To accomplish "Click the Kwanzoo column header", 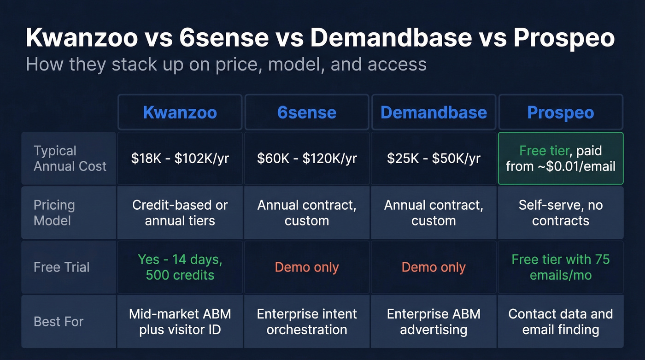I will tap(180, 112).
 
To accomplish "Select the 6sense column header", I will tap(306, 112).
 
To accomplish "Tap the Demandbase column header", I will tap(434, 112).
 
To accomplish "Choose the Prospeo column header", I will tap(561, 112).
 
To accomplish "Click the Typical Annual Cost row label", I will tap(70, 159).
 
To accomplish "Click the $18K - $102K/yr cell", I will tap(180, 159).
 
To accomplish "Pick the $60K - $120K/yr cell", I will tap(306, 159).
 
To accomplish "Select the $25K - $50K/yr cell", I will tap(434, 159).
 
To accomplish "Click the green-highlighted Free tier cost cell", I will tap(561, 159).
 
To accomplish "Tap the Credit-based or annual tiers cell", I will tap(180, 212).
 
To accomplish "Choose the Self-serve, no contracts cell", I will tap(561, 212).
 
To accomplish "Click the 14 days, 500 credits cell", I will tap(180, 267).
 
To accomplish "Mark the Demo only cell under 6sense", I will tap(306, 267).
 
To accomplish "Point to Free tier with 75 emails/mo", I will tap(561, 267).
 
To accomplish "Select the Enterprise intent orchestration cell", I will tap(306, 321).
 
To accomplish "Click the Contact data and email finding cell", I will tap(561, 321).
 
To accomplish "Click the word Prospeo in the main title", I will tap(564, 38).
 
